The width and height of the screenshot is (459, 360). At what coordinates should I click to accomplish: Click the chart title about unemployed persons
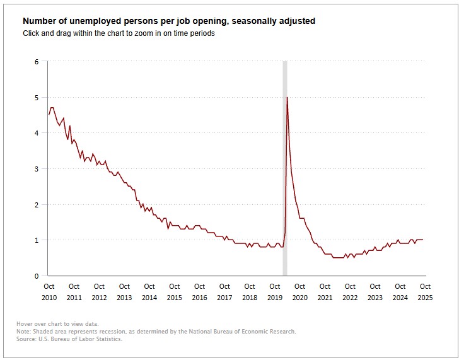(169, 21)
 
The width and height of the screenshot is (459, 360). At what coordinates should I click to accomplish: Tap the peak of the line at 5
(288, 98)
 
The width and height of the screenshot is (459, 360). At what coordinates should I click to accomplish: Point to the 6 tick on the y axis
(37, 62)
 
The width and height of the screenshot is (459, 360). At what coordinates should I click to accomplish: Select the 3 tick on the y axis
(37, 169)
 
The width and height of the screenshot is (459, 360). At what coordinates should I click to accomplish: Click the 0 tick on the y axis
(37, 276)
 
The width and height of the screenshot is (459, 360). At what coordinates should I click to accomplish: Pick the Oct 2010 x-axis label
(49, 292)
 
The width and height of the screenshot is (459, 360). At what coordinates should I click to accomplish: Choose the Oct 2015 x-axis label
(174, 292)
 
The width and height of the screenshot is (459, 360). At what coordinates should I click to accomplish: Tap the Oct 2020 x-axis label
(299, 292)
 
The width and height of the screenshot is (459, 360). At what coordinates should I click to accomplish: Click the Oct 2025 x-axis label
(425, 292)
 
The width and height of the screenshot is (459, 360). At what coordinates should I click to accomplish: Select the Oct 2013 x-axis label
(124, 292)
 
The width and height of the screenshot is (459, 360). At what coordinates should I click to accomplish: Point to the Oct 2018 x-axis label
(250, 292)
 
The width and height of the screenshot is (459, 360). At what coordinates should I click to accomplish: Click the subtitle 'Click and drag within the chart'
(118, 33)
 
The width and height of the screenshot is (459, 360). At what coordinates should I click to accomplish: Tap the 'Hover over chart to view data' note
(57, 324)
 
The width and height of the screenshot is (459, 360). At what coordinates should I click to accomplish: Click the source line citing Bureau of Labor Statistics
(69, 339)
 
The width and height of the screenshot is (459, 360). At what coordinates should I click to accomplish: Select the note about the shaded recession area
(156, 332)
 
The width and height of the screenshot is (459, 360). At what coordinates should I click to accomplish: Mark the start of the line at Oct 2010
(49, 115)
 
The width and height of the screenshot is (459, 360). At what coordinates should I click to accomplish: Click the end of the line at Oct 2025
(423, 240)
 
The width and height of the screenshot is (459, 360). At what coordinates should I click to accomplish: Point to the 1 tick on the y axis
(37, 240)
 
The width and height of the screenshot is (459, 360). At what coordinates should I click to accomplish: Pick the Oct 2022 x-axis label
(350, 292)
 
